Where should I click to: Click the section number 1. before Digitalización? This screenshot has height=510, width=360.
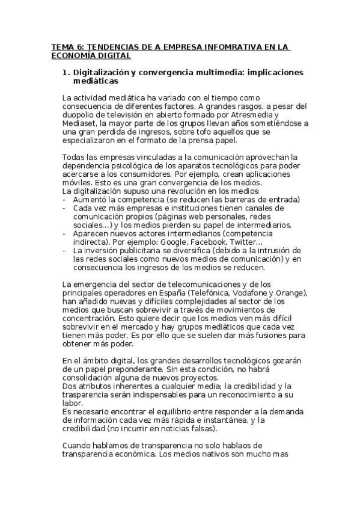click(x=67, y=73)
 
